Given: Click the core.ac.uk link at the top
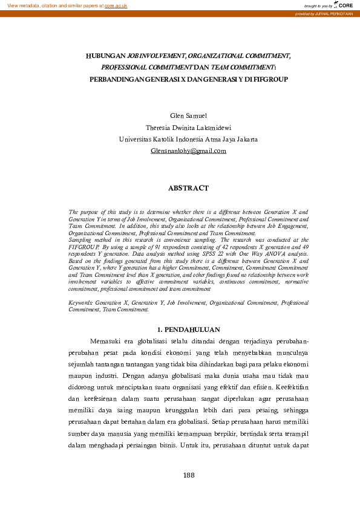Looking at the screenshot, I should click(116, 5).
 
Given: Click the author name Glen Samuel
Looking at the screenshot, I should click(188, 115).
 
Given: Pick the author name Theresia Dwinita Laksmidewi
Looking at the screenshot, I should click(188, 128).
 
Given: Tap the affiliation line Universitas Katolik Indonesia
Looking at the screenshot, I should click(188, 139).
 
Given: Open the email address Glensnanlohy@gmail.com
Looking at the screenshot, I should click(188, 151).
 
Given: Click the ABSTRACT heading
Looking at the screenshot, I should click(188, 188).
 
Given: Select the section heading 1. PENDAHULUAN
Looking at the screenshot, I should click(188, 329).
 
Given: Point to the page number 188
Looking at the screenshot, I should click(188, 475).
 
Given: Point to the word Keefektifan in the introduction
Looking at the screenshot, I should click(292, 386).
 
